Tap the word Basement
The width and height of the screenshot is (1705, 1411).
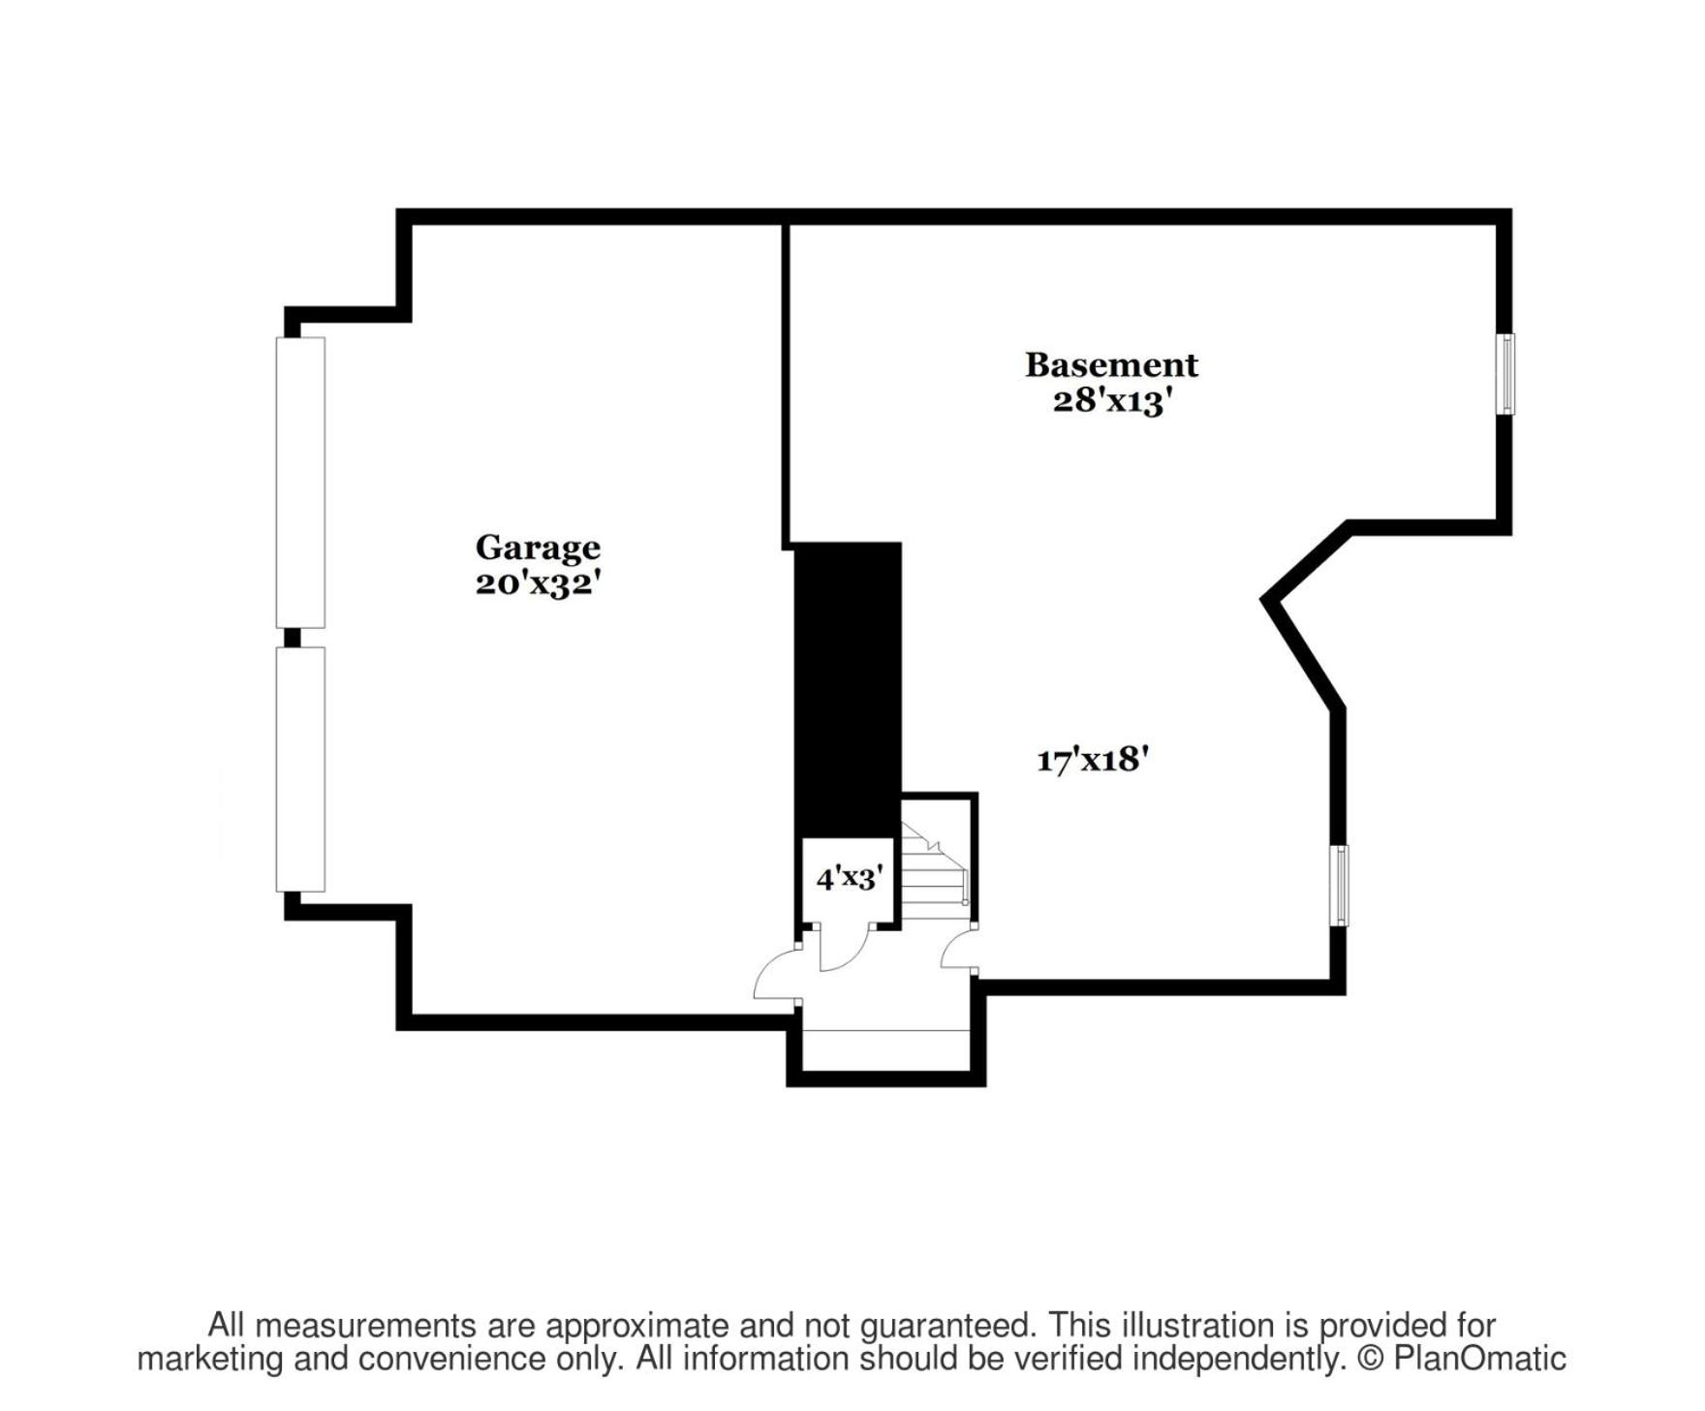click(x=1111, y=365)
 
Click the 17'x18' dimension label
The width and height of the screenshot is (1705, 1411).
click(x=1093, y=759)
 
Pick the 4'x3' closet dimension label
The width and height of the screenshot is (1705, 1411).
click(x=848, y=878)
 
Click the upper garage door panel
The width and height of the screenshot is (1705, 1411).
click(x=300, y=483)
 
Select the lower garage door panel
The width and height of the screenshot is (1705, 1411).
click(x=300, y=769)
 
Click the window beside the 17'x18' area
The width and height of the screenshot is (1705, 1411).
click(x=1339, y=886)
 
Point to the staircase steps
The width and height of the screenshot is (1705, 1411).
click(x=936, y=870)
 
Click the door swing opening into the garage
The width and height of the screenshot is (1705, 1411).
click(x=777, y=972)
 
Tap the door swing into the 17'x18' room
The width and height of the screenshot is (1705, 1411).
click(x=958, y=948)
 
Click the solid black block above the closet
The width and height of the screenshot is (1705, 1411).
click(x=848, y=689)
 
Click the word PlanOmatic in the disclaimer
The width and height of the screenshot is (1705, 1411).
click(x=1479, y=1358)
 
